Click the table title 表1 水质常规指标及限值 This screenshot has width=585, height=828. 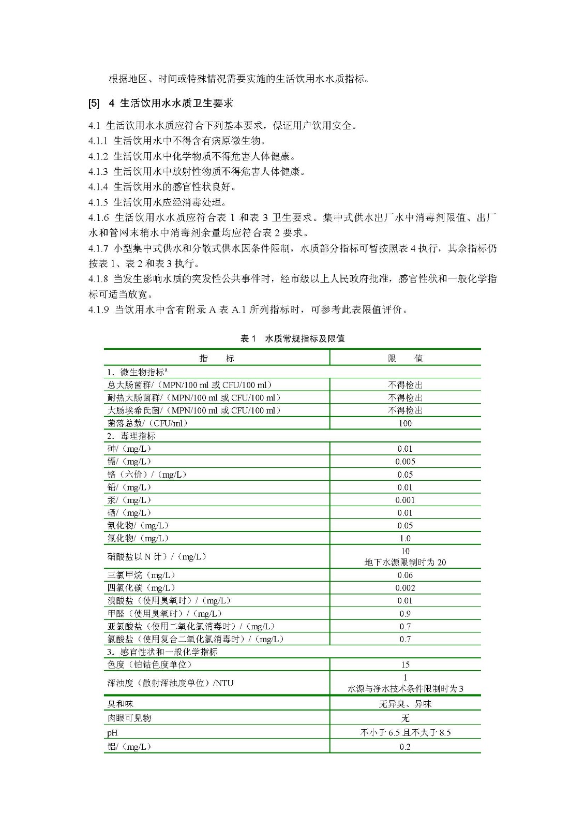pos(292,339)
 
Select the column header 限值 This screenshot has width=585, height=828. pos(405,358)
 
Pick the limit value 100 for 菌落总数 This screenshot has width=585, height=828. pos(405,423)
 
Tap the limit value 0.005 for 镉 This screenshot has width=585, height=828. pos(405,462)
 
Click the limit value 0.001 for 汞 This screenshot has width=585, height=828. pos(405,500)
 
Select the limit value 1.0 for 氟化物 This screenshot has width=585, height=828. pos(405,538)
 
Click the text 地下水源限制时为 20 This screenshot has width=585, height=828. pos(405,563)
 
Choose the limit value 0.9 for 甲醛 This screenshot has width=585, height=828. pos(405,614)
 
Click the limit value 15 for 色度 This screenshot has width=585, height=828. pos(405,664)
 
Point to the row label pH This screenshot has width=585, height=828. pos(112,733)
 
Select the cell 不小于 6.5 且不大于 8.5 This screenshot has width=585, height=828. pos(405,733)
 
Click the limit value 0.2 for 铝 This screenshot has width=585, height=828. pos(405,747)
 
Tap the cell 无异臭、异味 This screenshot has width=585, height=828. pos(405,704)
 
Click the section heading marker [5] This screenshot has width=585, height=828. pos(94,103)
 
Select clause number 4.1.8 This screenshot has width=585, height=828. pos(98,279)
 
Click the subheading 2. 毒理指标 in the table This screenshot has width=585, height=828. pos(131,436)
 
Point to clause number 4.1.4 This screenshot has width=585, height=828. pos(98,187)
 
